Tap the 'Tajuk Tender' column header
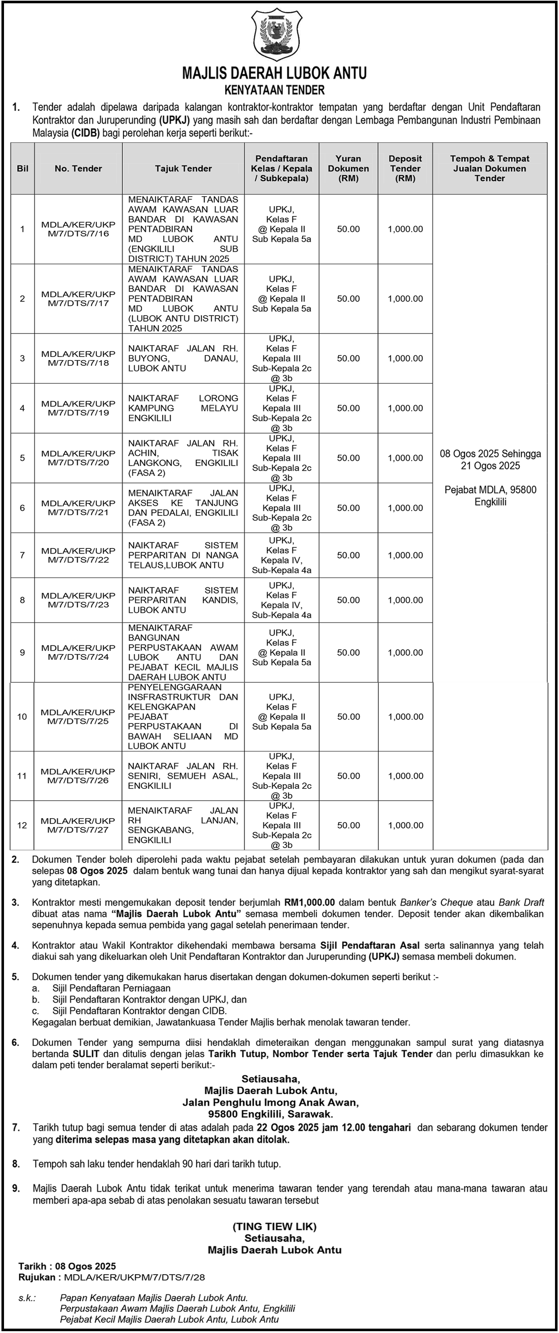[x=183, y=169]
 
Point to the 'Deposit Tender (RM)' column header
[x=405, y=169]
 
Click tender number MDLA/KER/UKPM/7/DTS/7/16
[x=78, y=229]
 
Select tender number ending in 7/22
[x=78, y=555]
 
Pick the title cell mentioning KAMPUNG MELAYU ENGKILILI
[x=183, y=408]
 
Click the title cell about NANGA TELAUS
[x=183, y=555]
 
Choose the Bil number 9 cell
[x=22, y=652]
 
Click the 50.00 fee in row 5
[x=349, y=458]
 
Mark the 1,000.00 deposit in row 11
[x=405, y=776]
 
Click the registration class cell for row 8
[x=282, y=600]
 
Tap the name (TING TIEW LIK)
[x=274, y=1226]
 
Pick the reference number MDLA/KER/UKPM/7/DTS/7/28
[x=134, y=1277]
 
